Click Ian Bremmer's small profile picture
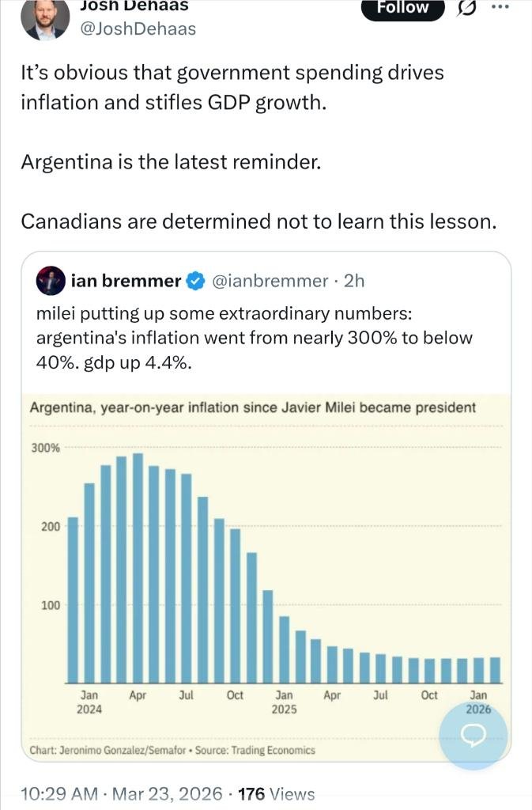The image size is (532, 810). [x=51, y=281]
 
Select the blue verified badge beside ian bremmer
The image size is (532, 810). [x=194, y=281]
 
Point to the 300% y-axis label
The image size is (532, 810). [x=45, y=448]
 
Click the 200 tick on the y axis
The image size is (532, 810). [x=51, y=527]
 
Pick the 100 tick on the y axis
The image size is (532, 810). [x=51, y=606]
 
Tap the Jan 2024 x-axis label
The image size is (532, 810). [x=89, y=702]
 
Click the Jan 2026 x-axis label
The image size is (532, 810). [x=478, y=702]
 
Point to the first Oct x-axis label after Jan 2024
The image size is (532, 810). [x=235, y=695]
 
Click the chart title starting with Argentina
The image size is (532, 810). [x=252, y=408]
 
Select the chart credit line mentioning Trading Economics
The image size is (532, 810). [x=172, y=750]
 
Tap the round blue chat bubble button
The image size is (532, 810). [x=474, y=736]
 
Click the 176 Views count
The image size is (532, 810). [x=276, y=794]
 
